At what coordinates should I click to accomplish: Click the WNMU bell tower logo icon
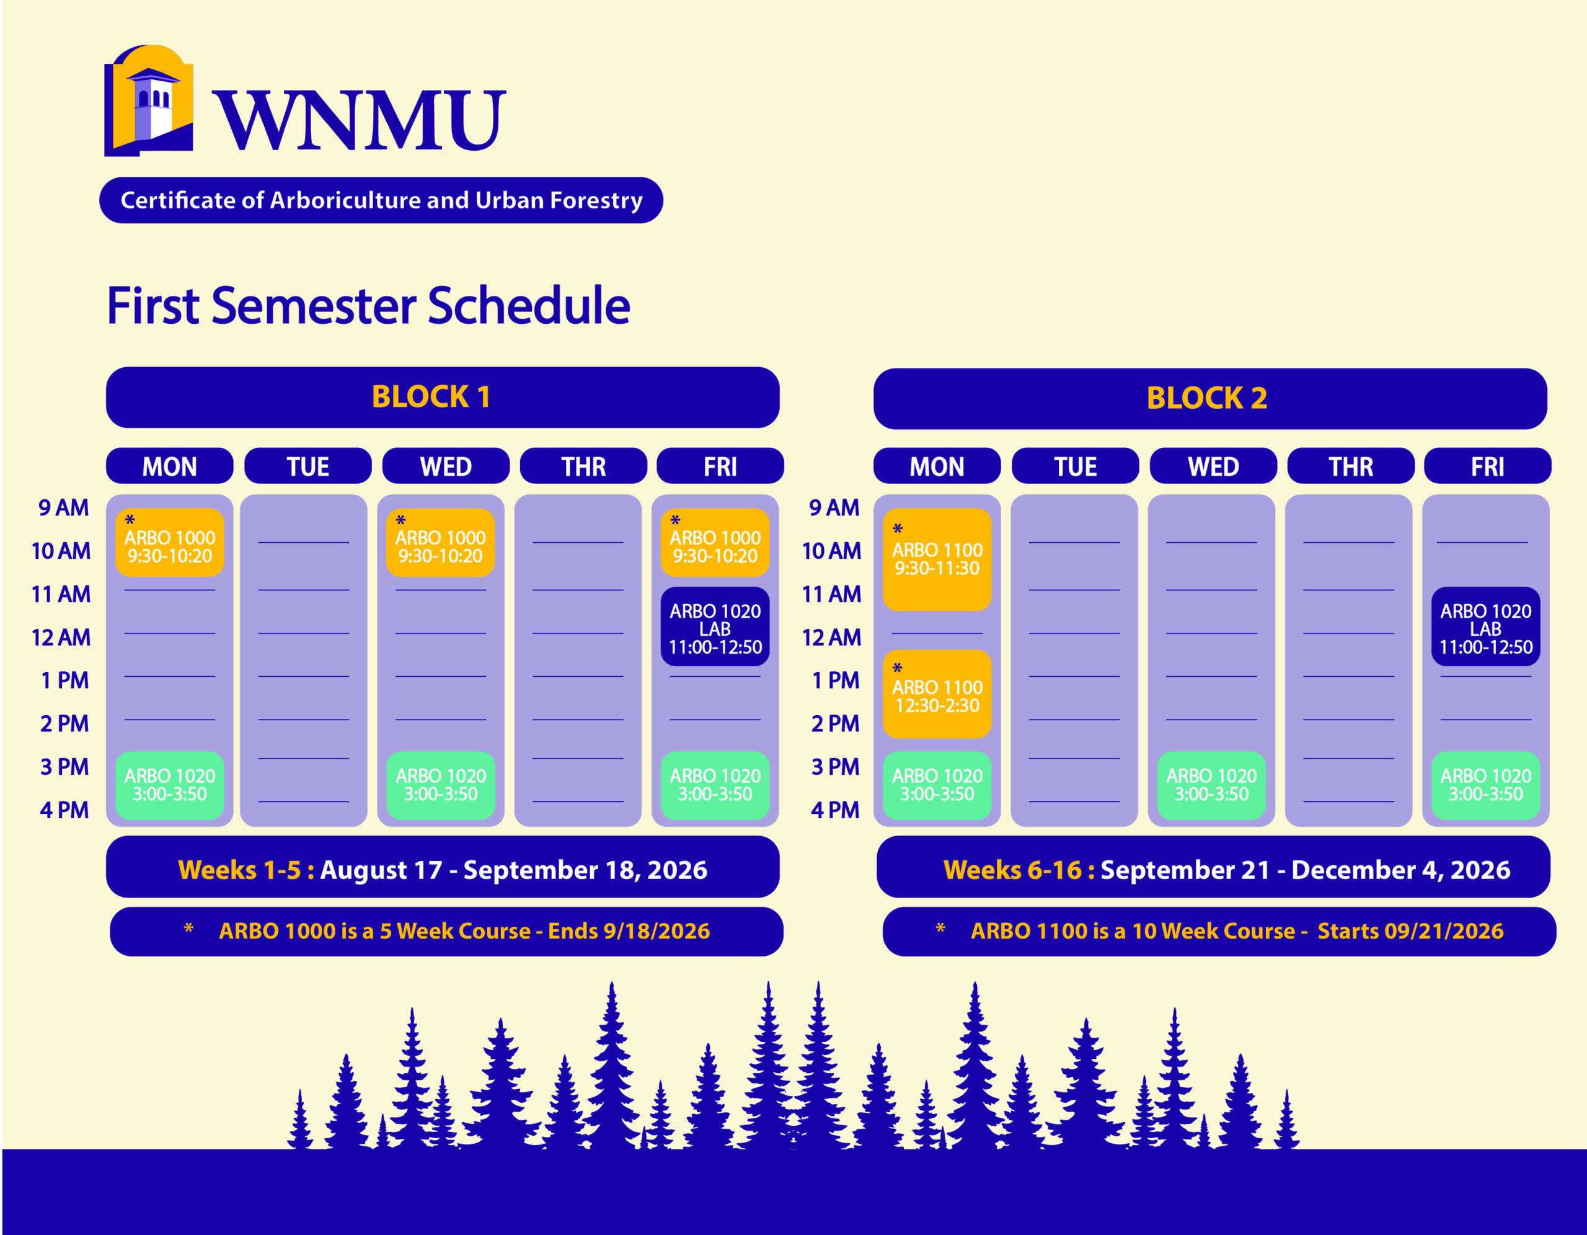(x=149, y=100)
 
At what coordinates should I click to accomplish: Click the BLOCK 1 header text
(x=431, y=397)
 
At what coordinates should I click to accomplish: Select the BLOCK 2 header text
(x=1207, y=398)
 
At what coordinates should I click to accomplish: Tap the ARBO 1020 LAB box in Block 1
(x=715, y=626)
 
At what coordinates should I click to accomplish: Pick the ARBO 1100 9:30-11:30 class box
(x=937, y=560)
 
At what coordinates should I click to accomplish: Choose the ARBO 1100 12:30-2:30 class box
(x=937, y=694)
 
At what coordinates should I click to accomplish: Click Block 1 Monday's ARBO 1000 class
(x=169, y=542)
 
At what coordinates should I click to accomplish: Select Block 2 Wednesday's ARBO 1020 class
(x=1211, y=786)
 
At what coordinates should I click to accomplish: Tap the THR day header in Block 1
(x=583, y=466)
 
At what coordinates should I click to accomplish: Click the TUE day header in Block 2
(x=1076, y=466)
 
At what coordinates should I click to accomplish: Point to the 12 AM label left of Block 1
(x=61, y=638)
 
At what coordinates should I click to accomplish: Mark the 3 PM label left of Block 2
(x=835, y=767)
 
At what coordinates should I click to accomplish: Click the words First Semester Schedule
(x=368, y=305)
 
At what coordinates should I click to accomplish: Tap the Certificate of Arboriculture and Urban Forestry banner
(x=381, y=200)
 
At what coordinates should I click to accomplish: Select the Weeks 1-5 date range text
(x=443, y=870)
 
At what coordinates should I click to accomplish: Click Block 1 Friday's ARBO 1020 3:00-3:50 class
(x=715, y=786)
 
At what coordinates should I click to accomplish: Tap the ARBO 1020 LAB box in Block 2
(x=1485, y=626)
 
